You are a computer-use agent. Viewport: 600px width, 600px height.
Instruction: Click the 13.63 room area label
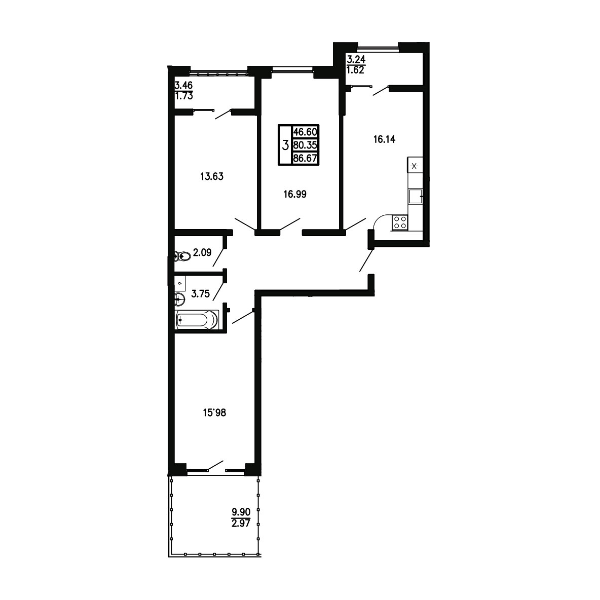coord(212,176)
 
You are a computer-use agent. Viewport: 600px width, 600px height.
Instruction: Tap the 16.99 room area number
coord(294,195)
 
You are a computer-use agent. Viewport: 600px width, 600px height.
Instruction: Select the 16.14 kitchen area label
coord(384,139)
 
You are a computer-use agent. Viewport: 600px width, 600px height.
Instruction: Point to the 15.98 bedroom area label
coord(214,413)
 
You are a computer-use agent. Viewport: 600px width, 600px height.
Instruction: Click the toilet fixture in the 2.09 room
coord(182,256)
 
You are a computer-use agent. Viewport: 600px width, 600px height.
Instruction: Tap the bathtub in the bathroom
coord(197,320)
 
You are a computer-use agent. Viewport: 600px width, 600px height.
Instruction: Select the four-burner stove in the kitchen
coord(400,222)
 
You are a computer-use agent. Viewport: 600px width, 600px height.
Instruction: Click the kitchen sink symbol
coord(415,196)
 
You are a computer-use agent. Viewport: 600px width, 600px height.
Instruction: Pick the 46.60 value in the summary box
coord(305,132)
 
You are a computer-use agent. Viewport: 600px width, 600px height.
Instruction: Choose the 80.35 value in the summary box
coord(305,145)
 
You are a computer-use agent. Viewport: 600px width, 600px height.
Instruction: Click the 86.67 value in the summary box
coord(305,158)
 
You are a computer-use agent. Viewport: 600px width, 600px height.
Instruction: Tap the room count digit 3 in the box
coord(285,145)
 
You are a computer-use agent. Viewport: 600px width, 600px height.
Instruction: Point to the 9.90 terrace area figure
coord(241,512)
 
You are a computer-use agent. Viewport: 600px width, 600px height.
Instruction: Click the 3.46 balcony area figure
coord(183,85)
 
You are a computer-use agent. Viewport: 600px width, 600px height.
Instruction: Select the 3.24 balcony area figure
coord(356,59)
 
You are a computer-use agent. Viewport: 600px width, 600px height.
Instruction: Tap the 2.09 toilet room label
coord(202,252)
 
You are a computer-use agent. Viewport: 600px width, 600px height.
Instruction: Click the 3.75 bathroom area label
coord(201,294)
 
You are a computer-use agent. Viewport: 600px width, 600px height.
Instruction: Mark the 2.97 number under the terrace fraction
coord(241,523)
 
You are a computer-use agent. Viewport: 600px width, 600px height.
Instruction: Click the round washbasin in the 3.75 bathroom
coord(179,299)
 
